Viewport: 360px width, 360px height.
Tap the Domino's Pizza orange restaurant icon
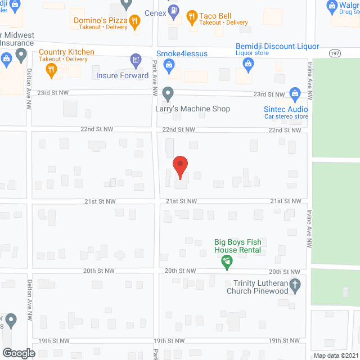pos(134,22)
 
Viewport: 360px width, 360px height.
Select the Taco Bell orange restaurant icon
pos(192,16)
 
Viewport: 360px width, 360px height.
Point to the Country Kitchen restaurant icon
pos(51,69)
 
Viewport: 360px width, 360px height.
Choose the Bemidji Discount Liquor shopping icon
pos(247,65)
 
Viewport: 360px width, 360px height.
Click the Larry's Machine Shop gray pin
pos(167,93)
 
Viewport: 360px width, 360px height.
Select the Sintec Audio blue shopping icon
pos(294,93)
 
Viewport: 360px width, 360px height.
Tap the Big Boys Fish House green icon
pos(226,261)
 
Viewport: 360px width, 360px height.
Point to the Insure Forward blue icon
pos(135,60)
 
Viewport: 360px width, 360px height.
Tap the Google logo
pos(18,353)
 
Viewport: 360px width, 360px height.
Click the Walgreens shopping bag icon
pos(331,7)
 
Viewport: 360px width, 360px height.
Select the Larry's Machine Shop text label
pos(192,109)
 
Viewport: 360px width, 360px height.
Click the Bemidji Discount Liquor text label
pos(277,47)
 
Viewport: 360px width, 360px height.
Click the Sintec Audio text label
pos(286,109)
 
